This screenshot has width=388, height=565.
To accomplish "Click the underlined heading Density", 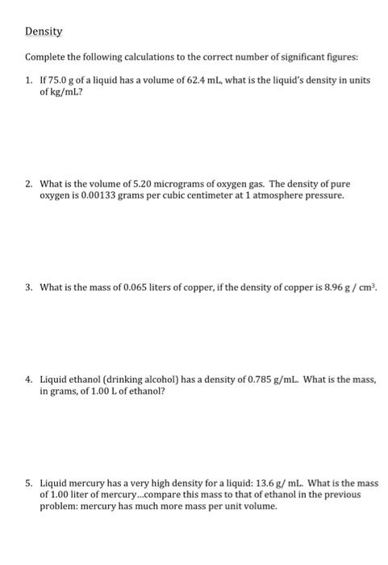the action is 44,32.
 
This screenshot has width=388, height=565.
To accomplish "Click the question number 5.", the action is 30,483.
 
